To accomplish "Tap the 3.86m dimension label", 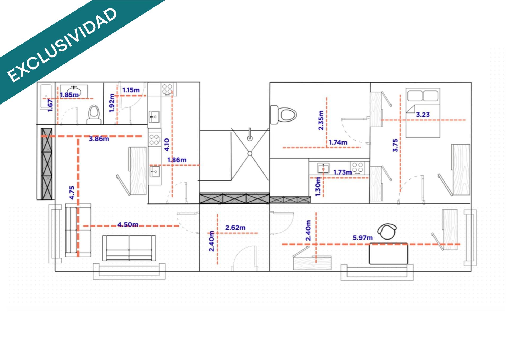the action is (99, 139).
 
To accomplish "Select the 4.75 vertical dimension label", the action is (72, 193).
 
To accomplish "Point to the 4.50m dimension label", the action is (128, 224).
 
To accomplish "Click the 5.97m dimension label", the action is (362, 238).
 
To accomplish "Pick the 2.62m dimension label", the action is (235, 228).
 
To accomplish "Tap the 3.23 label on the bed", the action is (423, 115).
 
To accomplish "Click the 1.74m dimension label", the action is (338, 142).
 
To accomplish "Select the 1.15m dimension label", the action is (131, 90).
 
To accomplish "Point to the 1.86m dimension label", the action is (177, 160).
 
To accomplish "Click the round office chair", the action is (387, 232).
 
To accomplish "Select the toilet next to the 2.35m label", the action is (283, 115).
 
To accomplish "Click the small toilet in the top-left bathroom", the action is (94, 114).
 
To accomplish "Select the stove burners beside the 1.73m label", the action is (357, 168).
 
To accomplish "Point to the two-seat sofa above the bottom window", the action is (129, 248).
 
